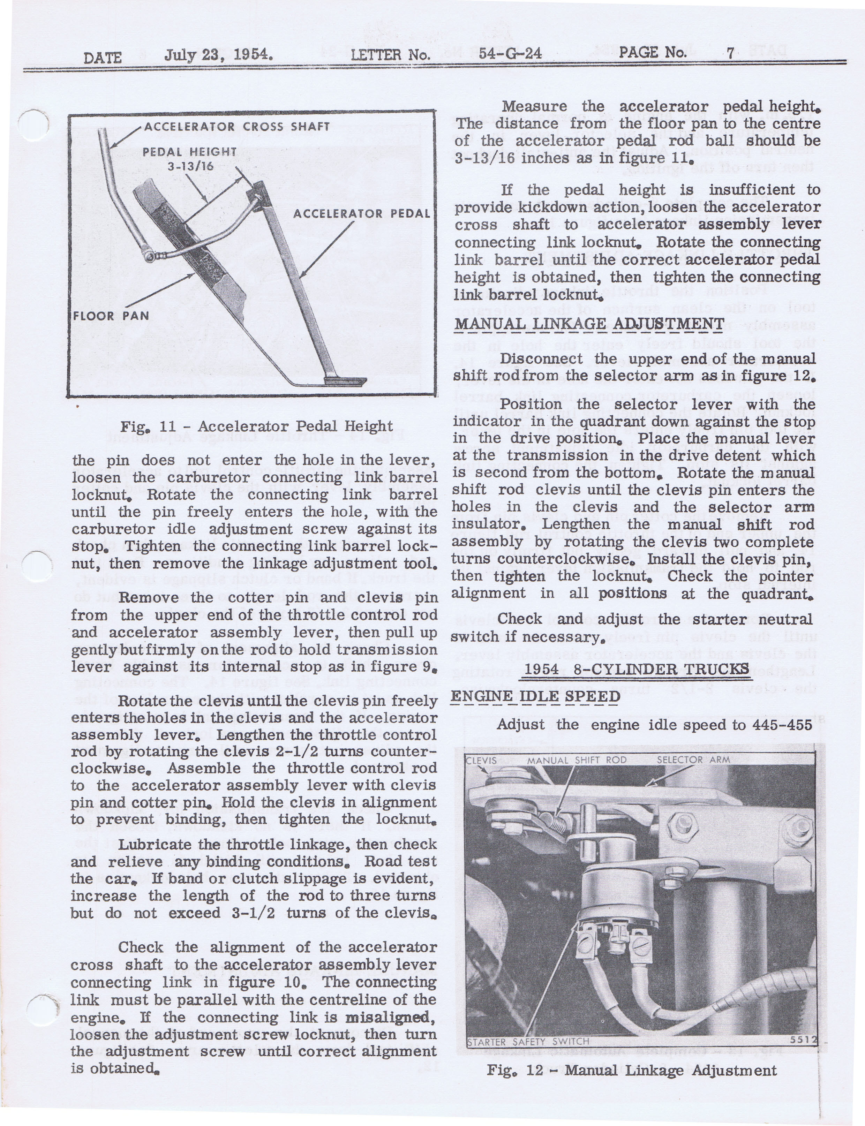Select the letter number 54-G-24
point(510,53)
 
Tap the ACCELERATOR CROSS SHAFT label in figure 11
point(237,127)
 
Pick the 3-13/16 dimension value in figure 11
point(190,167)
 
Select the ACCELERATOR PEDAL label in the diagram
point(361,213)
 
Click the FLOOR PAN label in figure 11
point(111,316)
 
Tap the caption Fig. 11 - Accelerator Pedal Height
point(256,426)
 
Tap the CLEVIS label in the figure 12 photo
point(482,761)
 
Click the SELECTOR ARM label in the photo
point(693,760)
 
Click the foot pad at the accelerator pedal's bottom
point(346,382)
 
